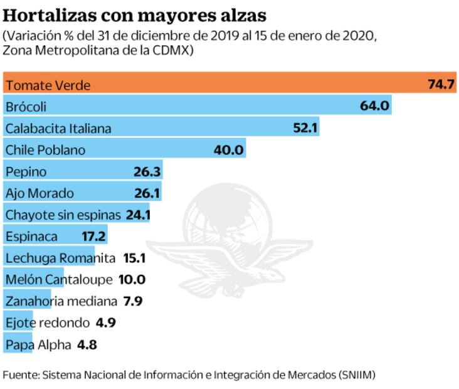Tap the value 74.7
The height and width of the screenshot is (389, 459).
(x=440, y=85)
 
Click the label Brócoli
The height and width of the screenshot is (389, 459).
(x=26, y=107)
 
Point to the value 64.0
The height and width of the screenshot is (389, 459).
(x=375, y=107)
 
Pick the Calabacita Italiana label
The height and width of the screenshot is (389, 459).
(x=58, y=129)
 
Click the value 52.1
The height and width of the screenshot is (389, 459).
(x=306, y=129)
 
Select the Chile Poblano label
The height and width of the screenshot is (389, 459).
(x=45, y=150)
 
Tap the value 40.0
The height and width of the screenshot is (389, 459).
(x=228, y=150)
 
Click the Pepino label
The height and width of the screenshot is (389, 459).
(x=26, y=172)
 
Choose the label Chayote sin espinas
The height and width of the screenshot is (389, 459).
(x=63, y=215)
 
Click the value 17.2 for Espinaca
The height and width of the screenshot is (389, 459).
(x=94, y=237)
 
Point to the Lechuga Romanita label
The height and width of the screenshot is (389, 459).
(x=60, y=258)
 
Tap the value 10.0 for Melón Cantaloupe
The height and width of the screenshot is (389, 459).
(x=132, y=280)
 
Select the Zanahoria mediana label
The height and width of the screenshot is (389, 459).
(x=61, y=301)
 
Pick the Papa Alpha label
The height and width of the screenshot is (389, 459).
(x=38, y=344)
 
